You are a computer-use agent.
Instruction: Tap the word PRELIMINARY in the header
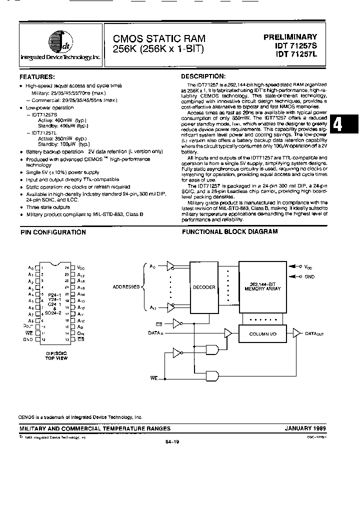click(290, 36)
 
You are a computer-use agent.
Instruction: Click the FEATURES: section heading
click(37, 76)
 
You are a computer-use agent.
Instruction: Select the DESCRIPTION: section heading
click(203, 76)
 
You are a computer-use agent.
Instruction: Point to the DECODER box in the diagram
click(203, 287)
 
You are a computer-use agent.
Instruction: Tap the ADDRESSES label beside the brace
click(126, 287)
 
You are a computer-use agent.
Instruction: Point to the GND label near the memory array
click(309, 276)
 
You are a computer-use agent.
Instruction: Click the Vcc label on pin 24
click(81, 267)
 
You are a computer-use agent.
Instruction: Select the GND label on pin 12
click(28, 339)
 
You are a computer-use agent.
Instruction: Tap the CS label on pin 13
click(80, 339)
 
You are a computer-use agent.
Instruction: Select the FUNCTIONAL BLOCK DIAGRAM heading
click(229, 232)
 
